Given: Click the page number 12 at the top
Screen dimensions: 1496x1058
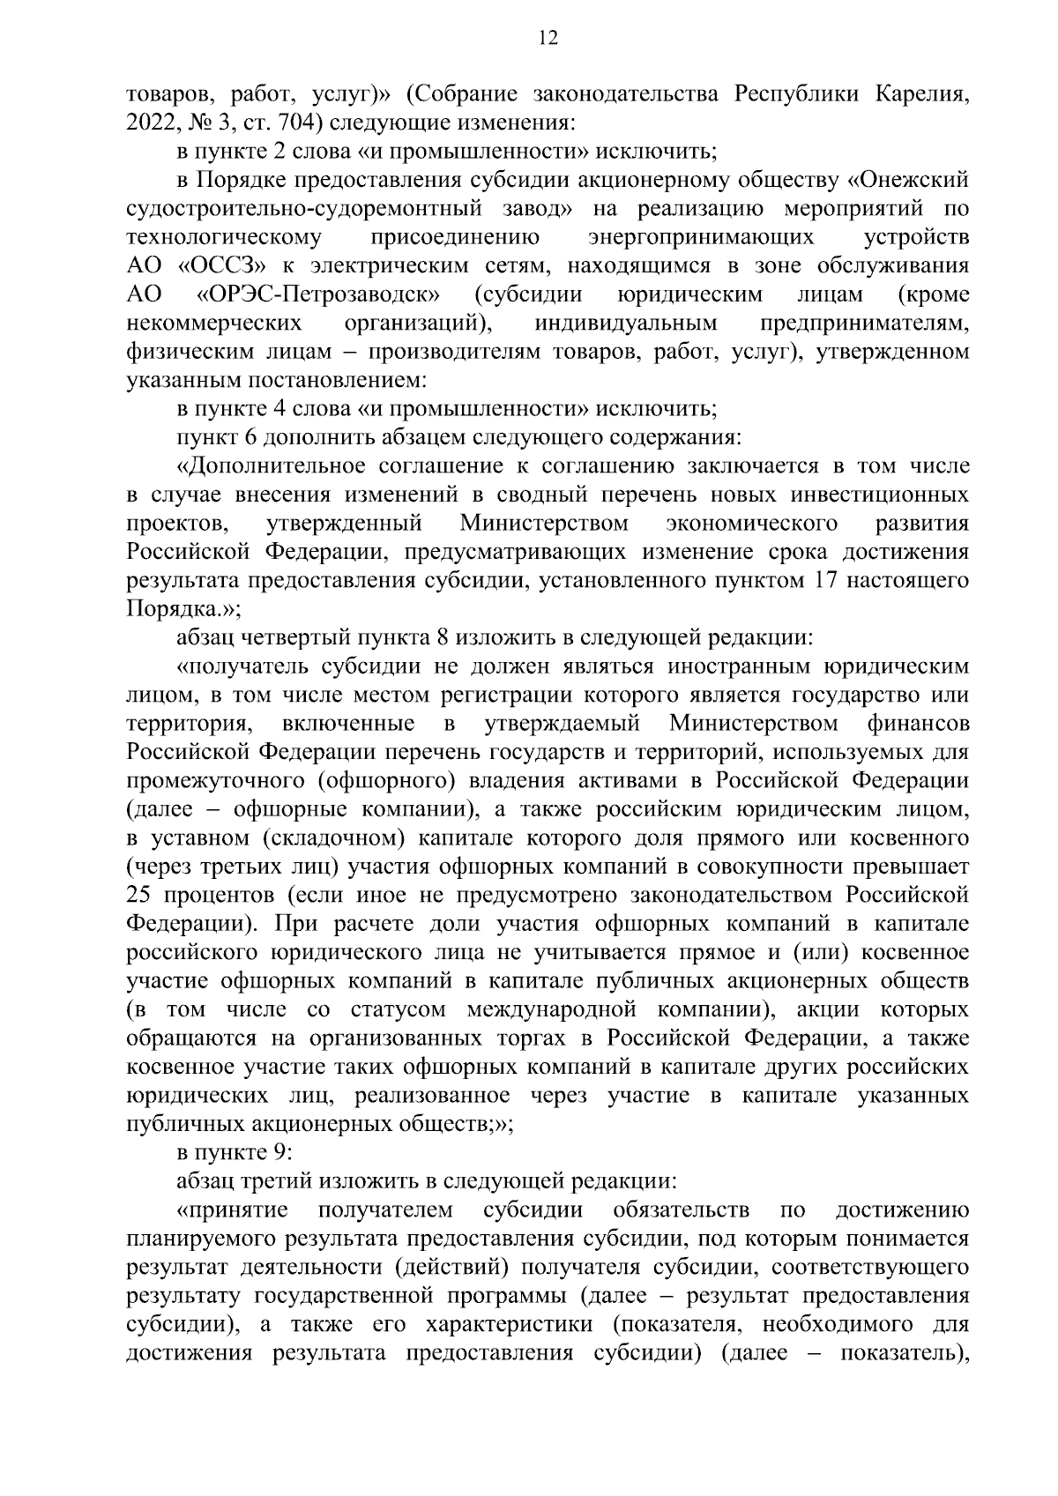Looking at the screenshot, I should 548,37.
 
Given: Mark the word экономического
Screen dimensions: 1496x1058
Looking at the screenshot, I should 751,523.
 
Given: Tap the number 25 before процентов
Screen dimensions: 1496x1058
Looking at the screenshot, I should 142,896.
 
